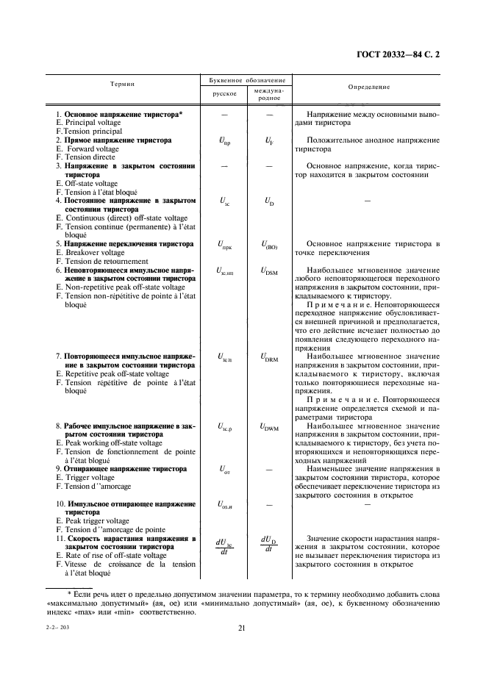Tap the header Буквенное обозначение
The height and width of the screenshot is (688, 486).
click(x=243, y=79)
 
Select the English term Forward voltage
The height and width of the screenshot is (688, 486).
click(x=92, y=148)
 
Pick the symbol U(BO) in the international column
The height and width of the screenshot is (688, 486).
click(x=269, y=245)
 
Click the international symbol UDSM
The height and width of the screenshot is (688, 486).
click(x=269, y=271)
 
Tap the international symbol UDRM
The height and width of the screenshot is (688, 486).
click(x=269, y=358)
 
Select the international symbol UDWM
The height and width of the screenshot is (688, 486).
click(x=269, y=427)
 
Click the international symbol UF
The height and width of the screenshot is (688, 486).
click(x=269, y=141)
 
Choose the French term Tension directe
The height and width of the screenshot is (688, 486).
click(x=90, y=157)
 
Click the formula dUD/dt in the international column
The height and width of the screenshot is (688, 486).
click(x=269, y=544)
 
